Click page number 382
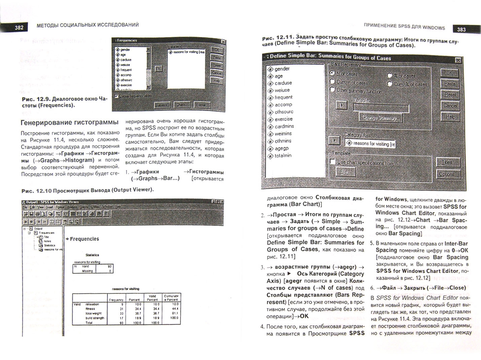(x=19, y=27)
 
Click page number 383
(x=461, y=29)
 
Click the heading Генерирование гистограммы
(x=69, y=122)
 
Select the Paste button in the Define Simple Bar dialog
(x=449, y=84)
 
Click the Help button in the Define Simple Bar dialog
(x=450, y=117)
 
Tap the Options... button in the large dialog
(x=447, y=174)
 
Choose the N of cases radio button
(x=332, y=73)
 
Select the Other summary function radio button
(x=332, y=90)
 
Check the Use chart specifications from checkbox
(x=332, y=162)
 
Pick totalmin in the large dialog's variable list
(x=283, y=156)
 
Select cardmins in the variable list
(x=284, y=126)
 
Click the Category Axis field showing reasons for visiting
(x=370, y=143)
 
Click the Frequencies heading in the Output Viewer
(x=84, y=239)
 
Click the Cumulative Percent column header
(x=171, y=298)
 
